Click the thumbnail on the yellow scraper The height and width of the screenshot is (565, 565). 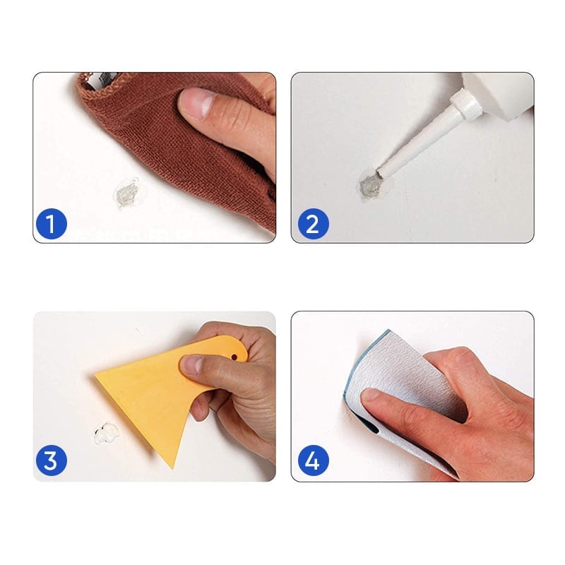(191, 366)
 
